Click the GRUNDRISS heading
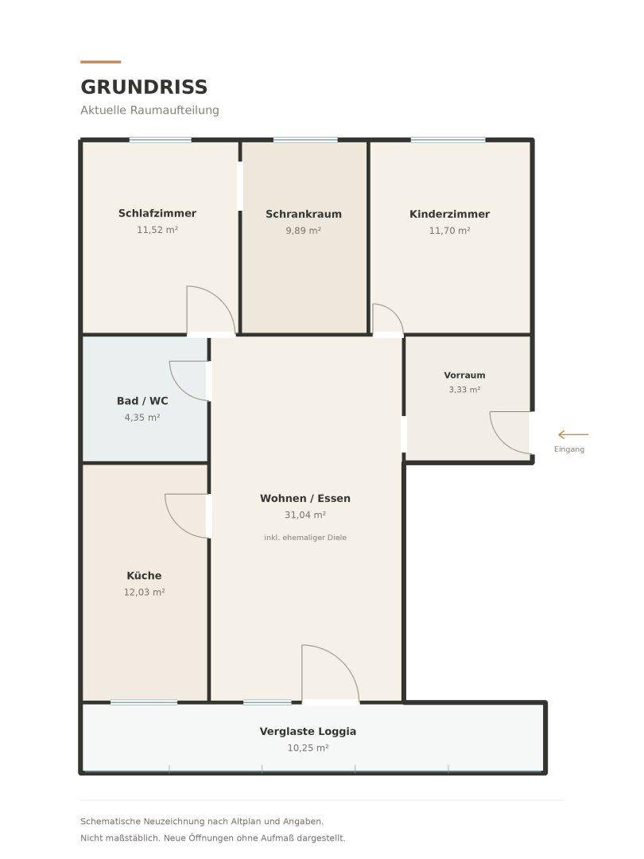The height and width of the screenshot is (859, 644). [x=144, y=87]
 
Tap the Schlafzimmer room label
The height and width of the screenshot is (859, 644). [x=157, y=213]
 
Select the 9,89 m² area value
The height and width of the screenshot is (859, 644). [x=304, y=231]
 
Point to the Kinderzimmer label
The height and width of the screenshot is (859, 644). [x=449, y=214]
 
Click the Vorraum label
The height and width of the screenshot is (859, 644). [x=464, y=375]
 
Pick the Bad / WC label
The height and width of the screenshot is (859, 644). [x=142, y=401]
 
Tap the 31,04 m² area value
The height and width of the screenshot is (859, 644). [x=305, y=515]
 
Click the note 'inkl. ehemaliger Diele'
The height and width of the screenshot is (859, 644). [x=305, y=538]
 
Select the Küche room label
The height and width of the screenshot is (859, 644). [x=144, y=576]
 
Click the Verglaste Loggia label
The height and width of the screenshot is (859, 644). [x=308, y=732]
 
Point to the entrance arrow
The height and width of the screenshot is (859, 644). [x=572, y=434]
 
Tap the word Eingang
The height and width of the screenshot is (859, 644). [x=569, y=449]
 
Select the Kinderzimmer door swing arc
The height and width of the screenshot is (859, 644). [x=394, y=313]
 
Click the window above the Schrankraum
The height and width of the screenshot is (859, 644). [x=305, y=140]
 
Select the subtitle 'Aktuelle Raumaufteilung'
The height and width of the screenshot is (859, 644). [x=149, y=110]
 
